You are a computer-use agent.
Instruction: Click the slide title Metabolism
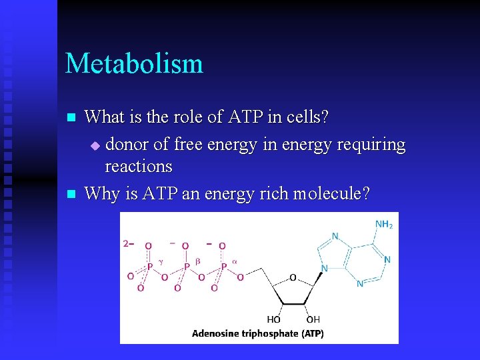[134, 63]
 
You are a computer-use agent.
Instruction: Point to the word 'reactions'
[139, 166]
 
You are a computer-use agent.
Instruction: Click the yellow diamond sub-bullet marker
[95, 145]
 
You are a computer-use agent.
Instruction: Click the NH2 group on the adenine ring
[384, 225]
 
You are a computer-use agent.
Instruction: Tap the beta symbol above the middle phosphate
[198, 261]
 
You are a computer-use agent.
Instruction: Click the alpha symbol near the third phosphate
[235, 261]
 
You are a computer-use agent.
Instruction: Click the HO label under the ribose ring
[273, 320]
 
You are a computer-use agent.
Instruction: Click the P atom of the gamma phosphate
[149, 267]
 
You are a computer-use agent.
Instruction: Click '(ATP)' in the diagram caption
[311, 333]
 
